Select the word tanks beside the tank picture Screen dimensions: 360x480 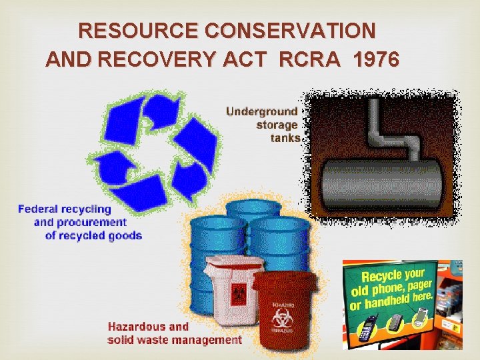tap(285, 138)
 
